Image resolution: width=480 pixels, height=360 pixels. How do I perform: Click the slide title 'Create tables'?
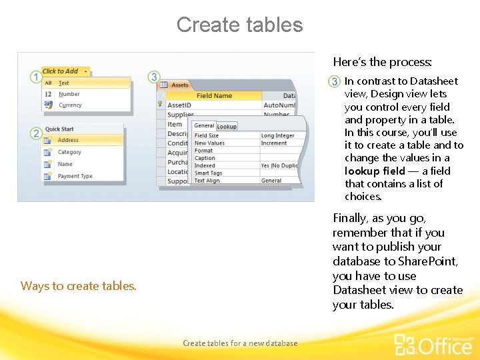tap(239, 25)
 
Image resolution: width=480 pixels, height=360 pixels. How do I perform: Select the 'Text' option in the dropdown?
tap(64, 83)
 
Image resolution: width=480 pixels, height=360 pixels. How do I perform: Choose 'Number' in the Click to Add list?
tap(69, 95)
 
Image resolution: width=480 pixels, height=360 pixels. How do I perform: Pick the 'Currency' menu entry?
tap(70, 105)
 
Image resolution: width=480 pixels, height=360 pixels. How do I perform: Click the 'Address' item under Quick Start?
tap(68, 141)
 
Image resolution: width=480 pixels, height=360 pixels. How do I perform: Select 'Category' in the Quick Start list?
tap(69, 153)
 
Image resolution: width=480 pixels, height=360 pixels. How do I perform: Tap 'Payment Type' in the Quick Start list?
tap(75, 177)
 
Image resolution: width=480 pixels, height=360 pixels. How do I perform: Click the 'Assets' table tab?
tap(179, 85)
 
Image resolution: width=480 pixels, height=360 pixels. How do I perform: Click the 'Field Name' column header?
tap(214, 96)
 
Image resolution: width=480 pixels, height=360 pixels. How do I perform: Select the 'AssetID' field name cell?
tap(179, 105)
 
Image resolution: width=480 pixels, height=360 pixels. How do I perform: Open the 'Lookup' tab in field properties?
tap(227, 127)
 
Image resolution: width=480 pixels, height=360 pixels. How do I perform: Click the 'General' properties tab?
tap(204, 126)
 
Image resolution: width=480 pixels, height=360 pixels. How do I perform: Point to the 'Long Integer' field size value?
tap(277, 136)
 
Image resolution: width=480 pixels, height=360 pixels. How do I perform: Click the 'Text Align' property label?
tap(207, 181)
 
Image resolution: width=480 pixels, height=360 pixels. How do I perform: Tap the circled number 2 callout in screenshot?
tap(36, 134)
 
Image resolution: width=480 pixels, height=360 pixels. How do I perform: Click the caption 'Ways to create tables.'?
tap(79, 286)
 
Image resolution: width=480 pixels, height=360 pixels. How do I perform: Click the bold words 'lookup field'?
tap(374, 171)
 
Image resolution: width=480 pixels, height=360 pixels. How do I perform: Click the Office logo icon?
tap(405, 344)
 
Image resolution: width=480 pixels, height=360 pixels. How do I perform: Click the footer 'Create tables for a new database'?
tap(240, 343)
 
